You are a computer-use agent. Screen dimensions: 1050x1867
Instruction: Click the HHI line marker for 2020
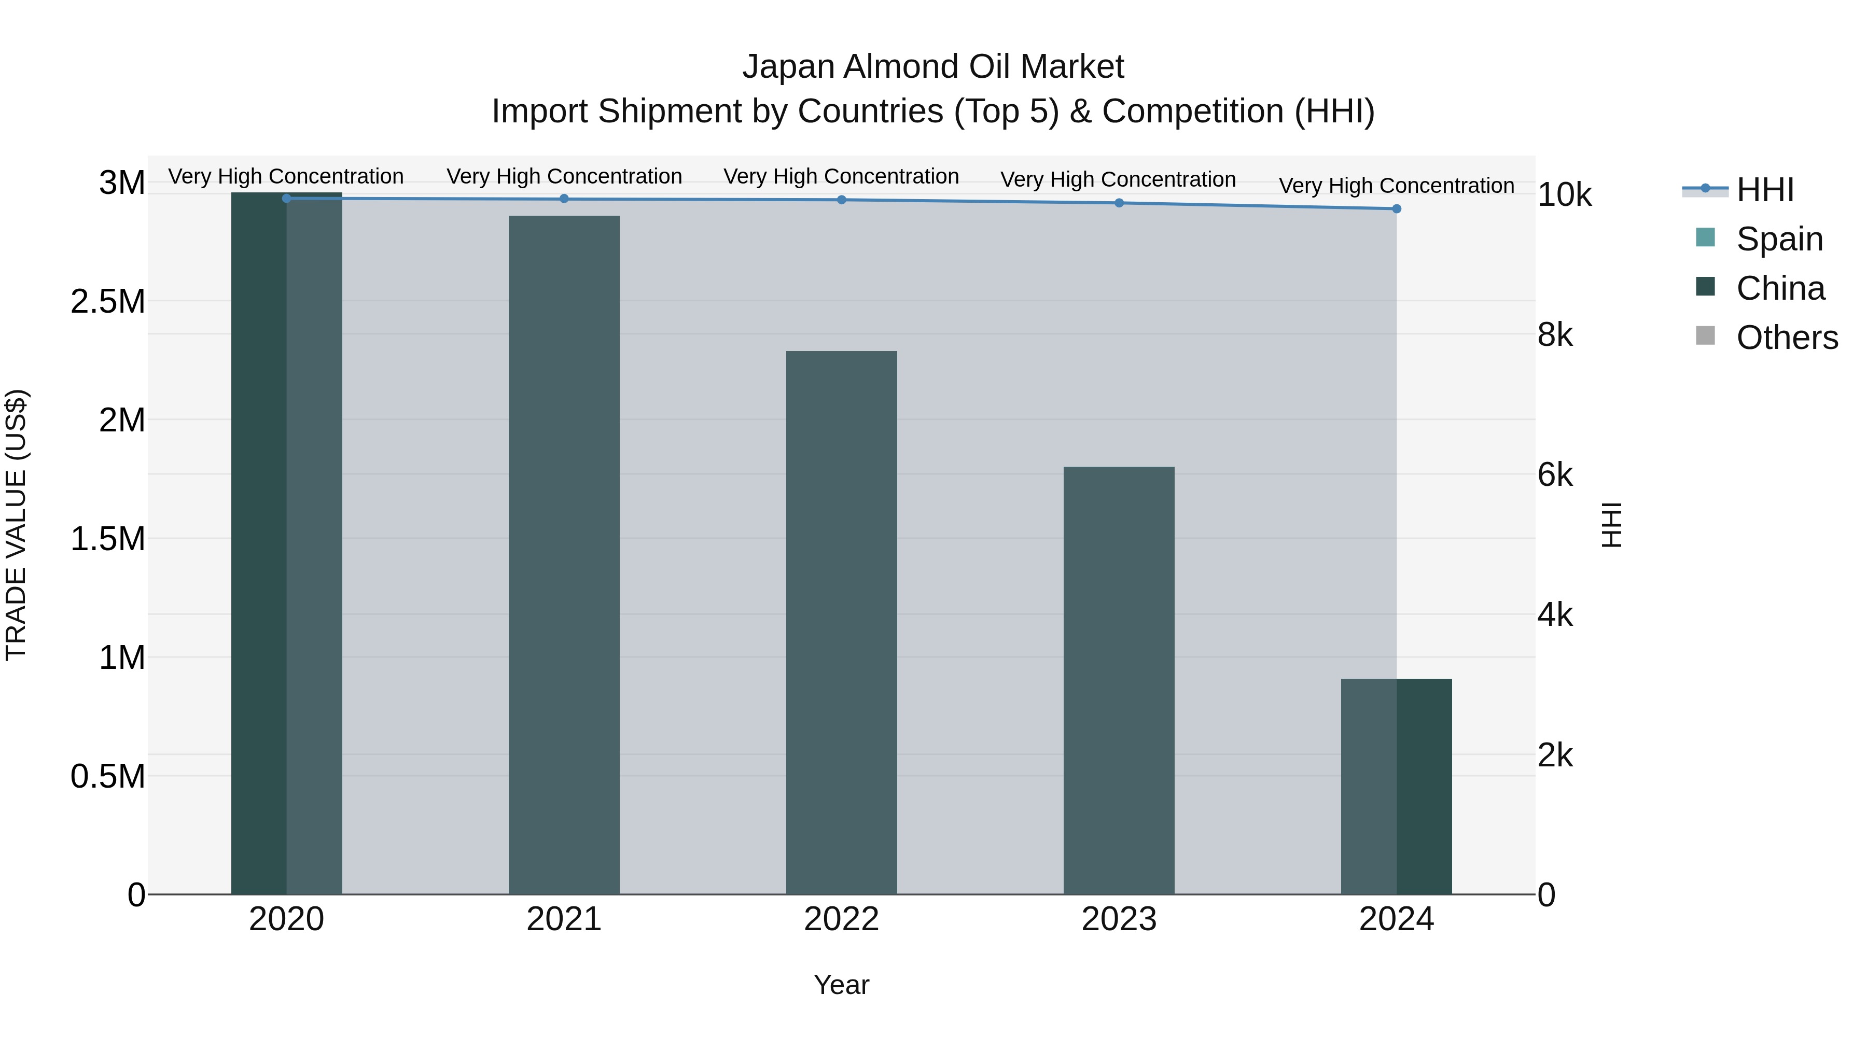tap(286, 198)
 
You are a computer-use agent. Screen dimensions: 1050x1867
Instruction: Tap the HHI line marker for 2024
tap(1397, 208)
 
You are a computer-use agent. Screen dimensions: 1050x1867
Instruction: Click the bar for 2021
tap(564, 554)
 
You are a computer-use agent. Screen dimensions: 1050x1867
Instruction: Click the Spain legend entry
tap(1779, 239)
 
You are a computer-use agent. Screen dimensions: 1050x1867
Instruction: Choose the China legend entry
tap(1780, 288)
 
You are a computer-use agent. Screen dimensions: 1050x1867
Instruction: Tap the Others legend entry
tap(1787, 338)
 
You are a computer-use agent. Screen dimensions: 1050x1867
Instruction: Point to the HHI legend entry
tap(1764, 190)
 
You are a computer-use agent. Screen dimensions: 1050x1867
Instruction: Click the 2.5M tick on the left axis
tap(107, 301)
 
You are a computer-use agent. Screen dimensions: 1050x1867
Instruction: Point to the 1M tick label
tap(122, 658)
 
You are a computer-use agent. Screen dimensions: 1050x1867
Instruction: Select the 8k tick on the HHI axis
tap(1555, 335)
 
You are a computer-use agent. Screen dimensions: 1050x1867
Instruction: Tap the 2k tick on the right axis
tap(1555, 756)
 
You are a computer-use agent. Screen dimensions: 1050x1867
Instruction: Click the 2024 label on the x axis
tap(1396, 919)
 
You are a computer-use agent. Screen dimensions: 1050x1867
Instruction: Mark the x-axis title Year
tap(842, 985)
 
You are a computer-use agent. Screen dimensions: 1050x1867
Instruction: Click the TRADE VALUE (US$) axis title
tap(16, 525)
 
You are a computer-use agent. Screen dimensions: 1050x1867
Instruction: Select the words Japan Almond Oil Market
tap(933, 67)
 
